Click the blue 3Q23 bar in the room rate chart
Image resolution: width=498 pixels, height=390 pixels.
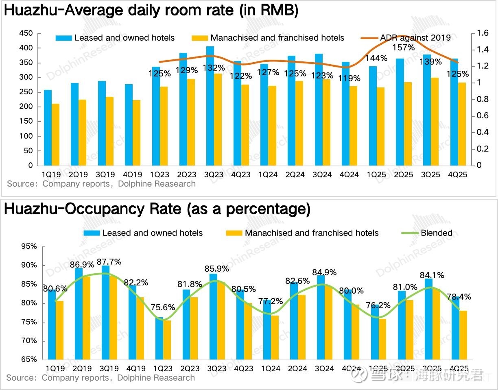210,106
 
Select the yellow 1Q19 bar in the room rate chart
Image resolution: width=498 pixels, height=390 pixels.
56,135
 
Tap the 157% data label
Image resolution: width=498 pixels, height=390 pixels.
404,48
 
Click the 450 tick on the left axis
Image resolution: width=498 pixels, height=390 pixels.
26,33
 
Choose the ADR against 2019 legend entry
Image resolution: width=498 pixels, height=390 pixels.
415,38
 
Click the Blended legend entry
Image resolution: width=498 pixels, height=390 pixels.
436,233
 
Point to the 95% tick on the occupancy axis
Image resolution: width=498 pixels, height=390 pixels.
28,246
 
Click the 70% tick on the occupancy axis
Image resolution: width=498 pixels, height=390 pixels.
28,341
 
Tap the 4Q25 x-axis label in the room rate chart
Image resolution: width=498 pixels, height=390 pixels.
458,174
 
